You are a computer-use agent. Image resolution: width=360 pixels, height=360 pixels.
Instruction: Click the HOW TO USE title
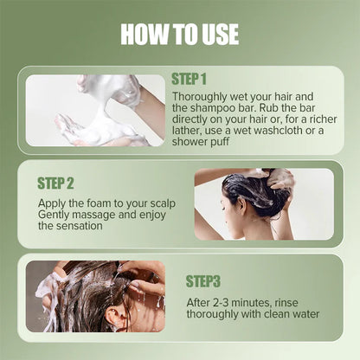(x=179, y=35)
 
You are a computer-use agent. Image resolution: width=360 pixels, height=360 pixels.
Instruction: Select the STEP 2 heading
(x=56, y=183)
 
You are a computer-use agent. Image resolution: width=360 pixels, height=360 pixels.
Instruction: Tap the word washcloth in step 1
(x=280, y=129)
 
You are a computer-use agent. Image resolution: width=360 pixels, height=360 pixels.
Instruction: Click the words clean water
(x=288, y=314)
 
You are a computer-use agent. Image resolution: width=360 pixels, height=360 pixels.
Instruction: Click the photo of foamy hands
(x=94, y=110)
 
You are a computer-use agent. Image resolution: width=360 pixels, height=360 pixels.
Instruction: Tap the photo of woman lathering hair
(x=263, y=203)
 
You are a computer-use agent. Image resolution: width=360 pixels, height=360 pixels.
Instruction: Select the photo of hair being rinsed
(x=94, y=296)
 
